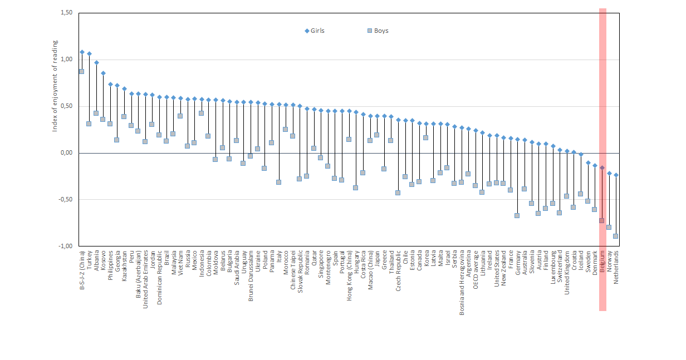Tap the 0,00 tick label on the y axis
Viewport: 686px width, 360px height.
(x=65, y=153)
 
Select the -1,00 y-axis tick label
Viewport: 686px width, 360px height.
(x=65, y=246)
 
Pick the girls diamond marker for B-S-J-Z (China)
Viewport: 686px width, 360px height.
(x=82, y=52)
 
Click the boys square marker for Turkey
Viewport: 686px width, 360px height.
(x=89, y=124)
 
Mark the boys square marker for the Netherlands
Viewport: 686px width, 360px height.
(x=616, y=236)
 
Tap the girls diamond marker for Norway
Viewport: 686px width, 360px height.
(x=609, y=173)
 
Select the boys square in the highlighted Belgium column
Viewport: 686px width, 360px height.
(x=602, y=221)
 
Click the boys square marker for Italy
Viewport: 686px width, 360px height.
(x=278, y=182)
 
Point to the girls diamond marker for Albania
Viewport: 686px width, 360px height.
(x=96, y=63)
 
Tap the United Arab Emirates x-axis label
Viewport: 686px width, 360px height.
(x=145, y=277)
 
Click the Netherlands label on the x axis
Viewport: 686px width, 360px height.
(x=616, y=267)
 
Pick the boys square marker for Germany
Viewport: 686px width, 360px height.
(x=517, y=215)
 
